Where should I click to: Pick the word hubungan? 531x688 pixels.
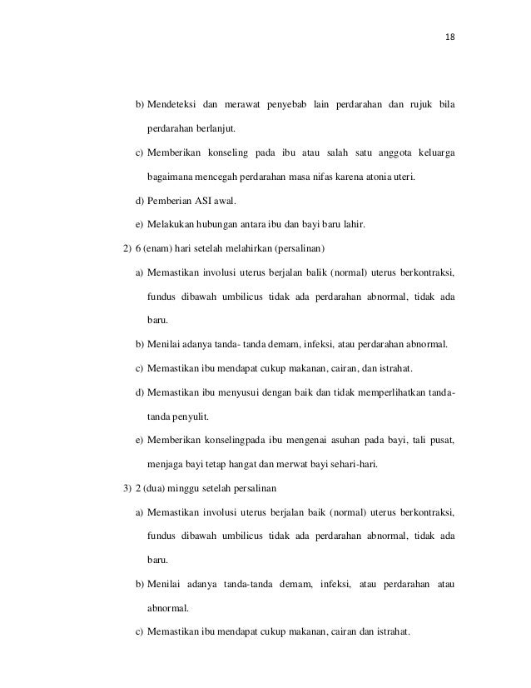(x=216, y=224)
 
